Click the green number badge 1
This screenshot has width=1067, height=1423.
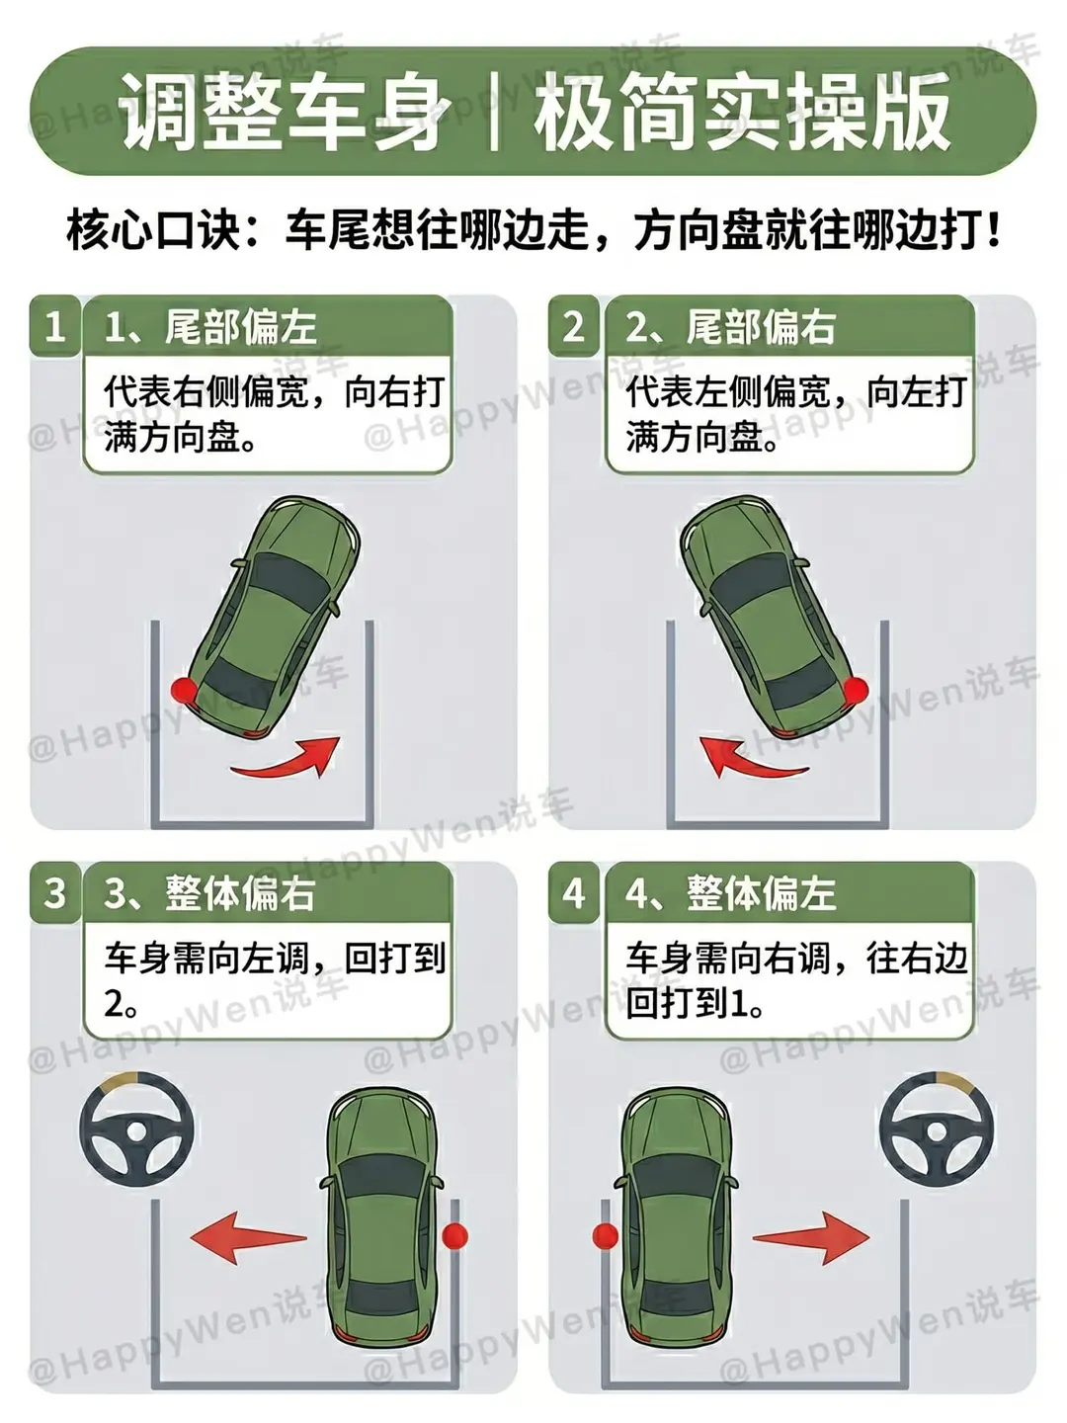[x=55, y=326]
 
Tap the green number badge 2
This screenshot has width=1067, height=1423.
[x=573, y=326]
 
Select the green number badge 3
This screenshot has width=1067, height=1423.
[x=55, y=892]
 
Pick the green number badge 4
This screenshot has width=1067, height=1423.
[x=573, y=892]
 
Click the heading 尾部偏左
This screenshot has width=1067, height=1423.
[x=240, y=327]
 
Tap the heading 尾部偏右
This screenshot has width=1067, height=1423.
[x=761, y=327]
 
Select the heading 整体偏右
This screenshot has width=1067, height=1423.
[x=240, y=893]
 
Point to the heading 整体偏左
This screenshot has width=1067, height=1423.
[x=761, y=893]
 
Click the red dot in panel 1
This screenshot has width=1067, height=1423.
[x=184, y=690]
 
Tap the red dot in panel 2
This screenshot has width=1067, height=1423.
[x=857, y=689]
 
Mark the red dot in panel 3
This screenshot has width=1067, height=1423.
[x=454, y=1235]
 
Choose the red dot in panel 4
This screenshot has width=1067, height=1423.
[x=606, y=1235]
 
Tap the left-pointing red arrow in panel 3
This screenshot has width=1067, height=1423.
[x=248, y=1237]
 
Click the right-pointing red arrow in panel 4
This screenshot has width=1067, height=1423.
[x=811, y=1238]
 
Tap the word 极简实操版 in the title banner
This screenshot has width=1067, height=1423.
[x=742, y=111]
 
